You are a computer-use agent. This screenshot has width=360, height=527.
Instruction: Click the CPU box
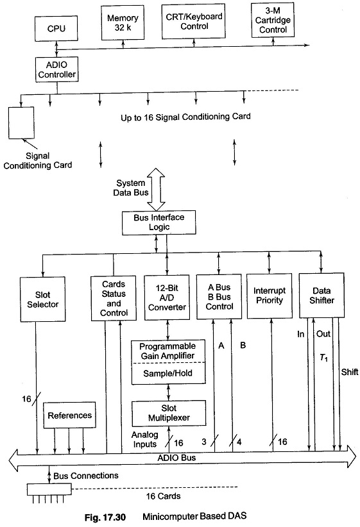tap(56, 28)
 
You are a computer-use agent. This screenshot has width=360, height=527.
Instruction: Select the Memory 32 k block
tap(123, 23)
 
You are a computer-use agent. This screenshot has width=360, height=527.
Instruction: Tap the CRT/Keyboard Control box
tap(193, 21)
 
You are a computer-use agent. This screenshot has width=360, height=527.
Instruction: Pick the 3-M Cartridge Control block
tap(273, 20)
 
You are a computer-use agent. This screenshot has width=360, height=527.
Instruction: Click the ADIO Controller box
tap(57, 70)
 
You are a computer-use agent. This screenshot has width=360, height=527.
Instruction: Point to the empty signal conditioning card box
tap(21, 122)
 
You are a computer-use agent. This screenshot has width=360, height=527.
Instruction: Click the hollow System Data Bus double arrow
tap(157, 189)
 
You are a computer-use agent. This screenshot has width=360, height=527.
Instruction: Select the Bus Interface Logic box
tap(159, 222)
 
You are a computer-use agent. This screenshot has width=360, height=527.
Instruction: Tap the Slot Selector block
tap(43, 299)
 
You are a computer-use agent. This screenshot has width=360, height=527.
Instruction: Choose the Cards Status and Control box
tap(114, 298)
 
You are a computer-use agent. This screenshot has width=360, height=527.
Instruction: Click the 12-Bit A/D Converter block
tap(167, 297)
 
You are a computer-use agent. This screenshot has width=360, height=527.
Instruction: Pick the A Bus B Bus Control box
tap(219, 296)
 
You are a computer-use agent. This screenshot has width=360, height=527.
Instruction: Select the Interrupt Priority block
tap(270, 296)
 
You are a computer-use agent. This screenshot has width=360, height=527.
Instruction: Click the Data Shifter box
tap(321, 295)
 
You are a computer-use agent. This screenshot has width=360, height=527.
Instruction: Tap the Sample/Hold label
tap(167, 373)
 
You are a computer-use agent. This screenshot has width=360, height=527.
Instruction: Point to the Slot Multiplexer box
tap(169, 413)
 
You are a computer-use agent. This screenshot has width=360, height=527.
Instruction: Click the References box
tap(70, 415)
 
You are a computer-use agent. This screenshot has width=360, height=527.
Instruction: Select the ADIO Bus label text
tap(176, 457)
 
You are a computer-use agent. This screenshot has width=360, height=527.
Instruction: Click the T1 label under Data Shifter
tap(323, 358)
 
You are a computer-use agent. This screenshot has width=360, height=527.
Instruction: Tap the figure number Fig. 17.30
tap(105, 517)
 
